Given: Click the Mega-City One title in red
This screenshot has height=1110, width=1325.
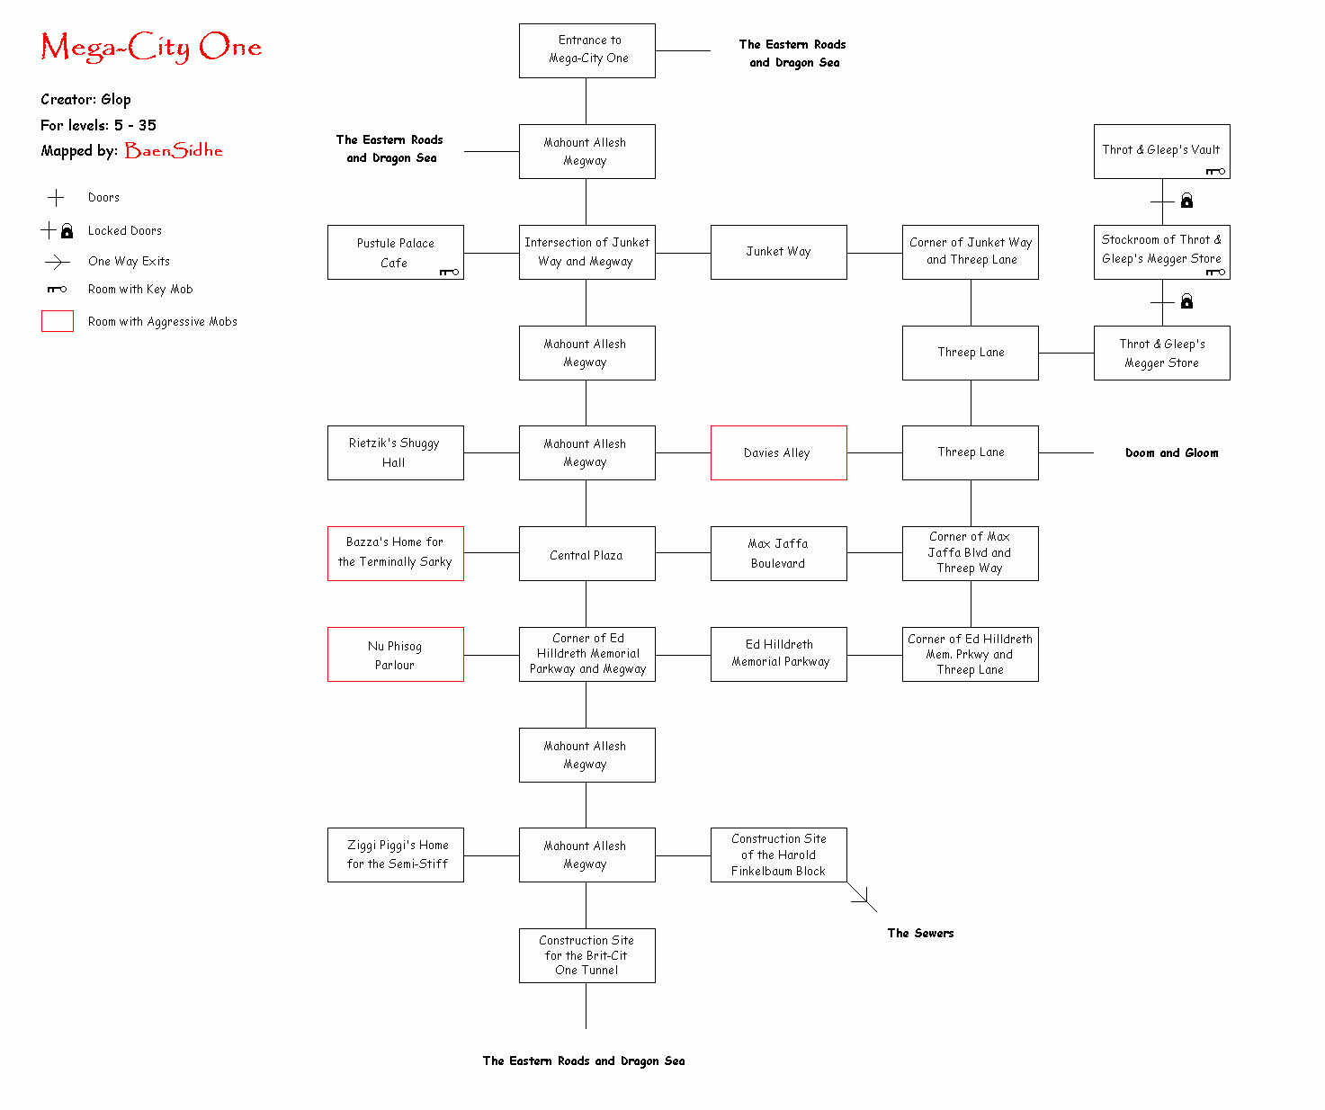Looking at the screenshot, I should click(151, 47).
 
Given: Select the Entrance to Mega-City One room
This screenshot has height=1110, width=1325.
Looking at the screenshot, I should click(587, 50).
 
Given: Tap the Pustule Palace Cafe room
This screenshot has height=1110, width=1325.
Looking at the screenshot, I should click(395, 253).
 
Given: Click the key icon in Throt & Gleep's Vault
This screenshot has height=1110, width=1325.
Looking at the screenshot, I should click(1215, 171).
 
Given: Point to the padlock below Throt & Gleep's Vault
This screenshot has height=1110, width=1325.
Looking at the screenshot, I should click(1186, 201).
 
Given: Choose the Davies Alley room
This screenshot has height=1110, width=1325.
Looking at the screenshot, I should click(778, 453).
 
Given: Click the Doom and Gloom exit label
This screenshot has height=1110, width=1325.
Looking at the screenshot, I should click(1171, 453).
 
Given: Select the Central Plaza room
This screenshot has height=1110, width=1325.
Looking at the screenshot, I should click(587, 555).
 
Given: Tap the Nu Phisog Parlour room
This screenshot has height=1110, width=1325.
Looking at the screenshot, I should click(395, 655).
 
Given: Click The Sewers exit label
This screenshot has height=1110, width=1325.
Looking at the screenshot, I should click(920, 934).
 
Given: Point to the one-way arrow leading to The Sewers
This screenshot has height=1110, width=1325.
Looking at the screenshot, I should click(863, 898).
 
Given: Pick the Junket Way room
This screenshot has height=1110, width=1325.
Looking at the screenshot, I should click(778, 252).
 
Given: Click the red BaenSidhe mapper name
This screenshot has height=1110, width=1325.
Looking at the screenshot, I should click(174, 150).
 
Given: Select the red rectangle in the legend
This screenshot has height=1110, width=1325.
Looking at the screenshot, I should click(58, 321).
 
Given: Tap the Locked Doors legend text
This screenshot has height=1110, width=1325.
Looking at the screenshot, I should click(125, 231).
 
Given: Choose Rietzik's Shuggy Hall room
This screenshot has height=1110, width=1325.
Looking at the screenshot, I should click(395, 453).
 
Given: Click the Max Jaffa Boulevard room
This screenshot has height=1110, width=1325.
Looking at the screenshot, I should click(778, 554).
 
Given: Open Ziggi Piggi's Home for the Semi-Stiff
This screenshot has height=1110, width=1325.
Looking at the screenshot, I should click(395, 855).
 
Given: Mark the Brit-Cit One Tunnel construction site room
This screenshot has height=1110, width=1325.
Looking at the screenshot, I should click(587, 955).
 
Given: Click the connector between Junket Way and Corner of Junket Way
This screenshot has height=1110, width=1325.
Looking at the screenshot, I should click(874, 253).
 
